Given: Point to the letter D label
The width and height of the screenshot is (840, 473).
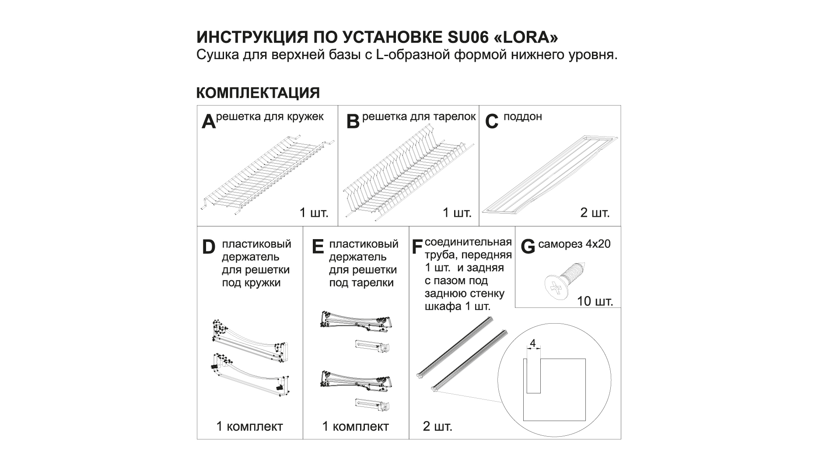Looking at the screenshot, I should tap(209, 247).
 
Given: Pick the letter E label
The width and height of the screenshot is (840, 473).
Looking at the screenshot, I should tap(318, 247).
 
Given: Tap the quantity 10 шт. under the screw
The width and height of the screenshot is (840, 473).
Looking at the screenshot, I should tap(595, 301).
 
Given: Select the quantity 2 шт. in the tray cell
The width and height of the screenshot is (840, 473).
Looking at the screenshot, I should tap(595, 213).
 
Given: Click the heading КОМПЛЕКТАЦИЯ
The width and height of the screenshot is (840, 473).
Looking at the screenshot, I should tap(258, 93).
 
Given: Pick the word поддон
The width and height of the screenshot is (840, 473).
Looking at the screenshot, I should tap(523, 117).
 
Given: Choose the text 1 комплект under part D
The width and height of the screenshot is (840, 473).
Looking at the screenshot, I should tap(249, 426).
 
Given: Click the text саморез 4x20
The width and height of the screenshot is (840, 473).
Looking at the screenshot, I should tap(574, 244).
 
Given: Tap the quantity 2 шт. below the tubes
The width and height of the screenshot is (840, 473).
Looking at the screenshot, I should tap(437, 426).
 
